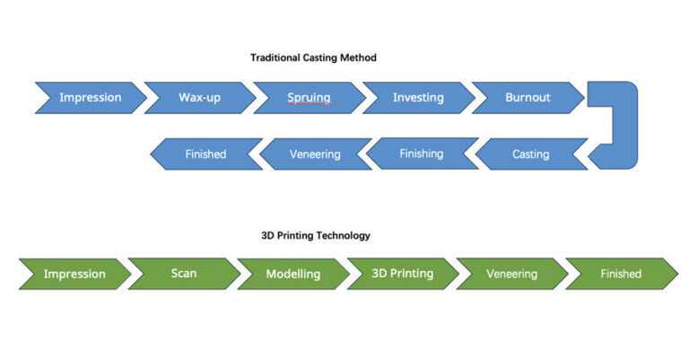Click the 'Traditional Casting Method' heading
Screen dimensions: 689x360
pyautogui.click(x=313, y=57)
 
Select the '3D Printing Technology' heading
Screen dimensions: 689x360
pyautogui.click(x=316, y=235)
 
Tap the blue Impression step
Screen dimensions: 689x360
pyautogui.click(x=91, y=98)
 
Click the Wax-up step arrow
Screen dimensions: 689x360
pyautogui.click(x=200, y=98)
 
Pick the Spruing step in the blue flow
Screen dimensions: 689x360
pyautogui.click(x=310, y=98)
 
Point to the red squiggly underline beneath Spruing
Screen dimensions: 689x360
pyautogui.click(x=309, y=104)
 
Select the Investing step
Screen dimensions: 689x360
pyautogui.click(x=419, y=98)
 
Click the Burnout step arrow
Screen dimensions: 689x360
pyautogui.click(x=528, y=98)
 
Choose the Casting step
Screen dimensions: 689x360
pyautogui.click(x=532, y=154)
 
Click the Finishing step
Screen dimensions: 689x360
pyautogui.click(x=423, y=154)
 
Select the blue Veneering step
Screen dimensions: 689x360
pyautogui.click(x=316, y=154)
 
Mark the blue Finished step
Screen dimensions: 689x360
pyautogui.click(x=206, y=154)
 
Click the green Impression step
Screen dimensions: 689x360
pyautogui.click(x=75, y=274)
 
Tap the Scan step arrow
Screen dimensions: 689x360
pyautogui.click(x=185, y=274)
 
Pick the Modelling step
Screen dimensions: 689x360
pyautogui.click(x=293, y=274)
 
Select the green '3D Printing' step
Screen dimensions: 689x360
pyautogui.click(x=403, y=274)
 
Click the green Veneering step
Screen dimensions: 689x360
pyautogui.click(x=512, y=274)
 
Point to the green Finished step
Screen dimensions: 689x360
pyautogui.click(x=622, y=274)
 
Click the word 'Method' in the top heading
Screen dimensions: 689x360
pyautogui.click(x=360, y=57)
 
